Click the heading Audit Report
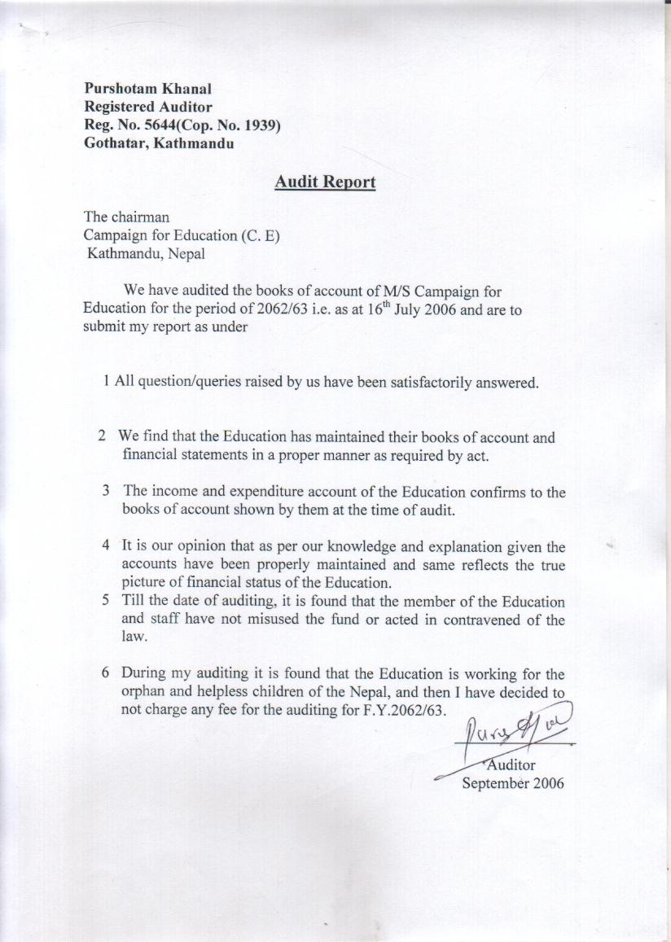(325, 182)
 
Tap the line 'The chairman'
(126, 217)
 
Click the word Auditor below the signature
(511, 765)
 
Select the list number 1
(107, 382)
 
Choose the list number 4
(106, 544)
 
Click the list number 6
(106, 673)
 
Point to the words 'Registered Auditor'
(148, 107)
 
